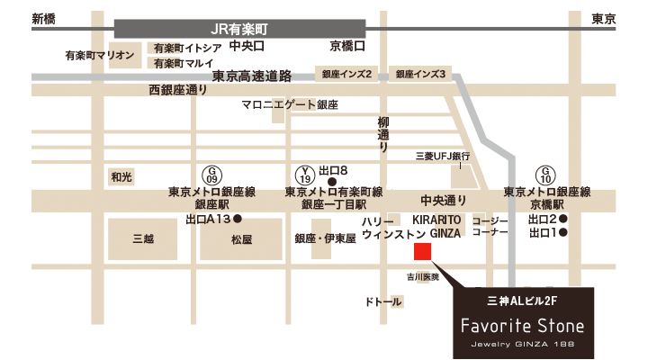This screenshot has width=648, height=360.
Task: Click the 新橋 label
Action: tap(42, 18)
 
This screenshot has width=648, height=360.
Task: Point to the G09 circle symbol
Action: tap(212, 173)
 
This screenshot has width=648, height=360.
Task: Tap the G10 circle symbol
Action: tap(546, 173)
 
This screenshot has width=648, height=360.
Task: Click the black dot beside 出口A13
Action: tap(238, 219)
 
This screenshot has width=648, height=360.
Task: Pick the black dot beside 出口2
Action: tap(563, 219)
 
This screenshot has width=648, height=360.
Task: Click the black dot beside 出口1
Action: tap(563, 233)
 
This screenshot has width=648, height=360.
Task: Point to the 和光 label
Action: tap(121, 177)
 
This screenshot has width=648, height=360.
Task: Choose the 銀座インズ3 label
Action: tap(419, 74)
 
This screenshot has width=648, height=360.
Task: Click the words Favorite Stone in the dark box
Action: tap(522, 325)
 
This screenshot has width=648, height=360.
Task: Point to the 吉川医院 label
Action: tap(422, 277)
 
